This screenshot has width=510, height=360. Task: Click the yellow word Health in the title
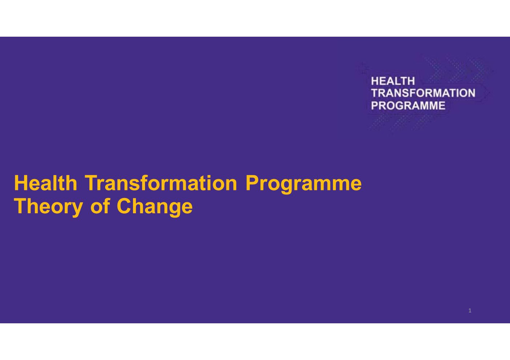(x=45, y=183)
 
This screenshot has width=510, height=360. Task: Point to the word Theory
(x=48, y=206)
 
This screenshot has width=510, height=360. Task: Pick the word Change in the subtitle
(x=154, y=206)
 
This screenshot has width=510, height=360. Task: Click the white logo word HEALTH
(x=393, y=81)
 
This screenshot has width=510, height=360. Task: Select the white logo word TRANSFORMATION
(x=423, y=93)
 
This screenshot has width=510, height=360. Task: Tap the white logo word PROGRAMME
(x=408, y=106)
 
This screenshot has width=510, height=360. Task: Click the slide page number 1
(x=470, y=311)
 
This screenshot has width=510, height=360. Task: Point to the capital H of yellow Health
(x=20, y=183)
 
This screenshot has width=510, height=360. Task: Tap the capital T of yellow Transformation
(x=92, y=183)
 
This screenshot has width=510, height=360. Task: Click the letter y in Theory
(x=77, y=208)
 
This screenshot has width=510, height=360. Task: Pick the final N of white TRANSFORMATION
(x=471, y=93)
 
